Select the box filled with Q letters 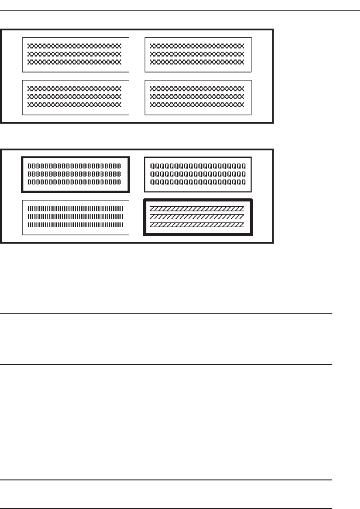pyautogui.click(x=198, y=174)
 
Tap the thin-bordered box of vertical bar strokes pyautogui.click(x=75, y=216)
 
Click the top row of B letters pyautogui.click(x=75, y=166)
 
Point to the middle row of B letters pyautogui.click(x=75, y=174)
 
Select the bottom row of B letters pyautogui.click(x=75, y=182)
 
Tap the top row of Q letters pyautogui.click(x=198, y=166)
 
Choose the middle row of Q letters pyautogui.click(x=198, y=174)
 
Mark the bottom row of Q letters pyautogui.click(x=198, y=182)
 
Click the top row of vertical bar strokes pyautogui.click(x=75, y=209)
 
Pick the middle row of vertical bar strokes pyautogui.click(x=75, y=216)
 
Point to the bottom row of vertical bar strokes pyautogui.click(x=75, y=225)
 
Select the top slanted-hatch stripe pyautogui.click(x=197, y=209)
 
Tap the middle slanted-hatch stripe pyautogui.click(x=197, y=216)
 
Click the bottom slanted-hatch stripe pyautogui.click(x=197, y=225)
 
